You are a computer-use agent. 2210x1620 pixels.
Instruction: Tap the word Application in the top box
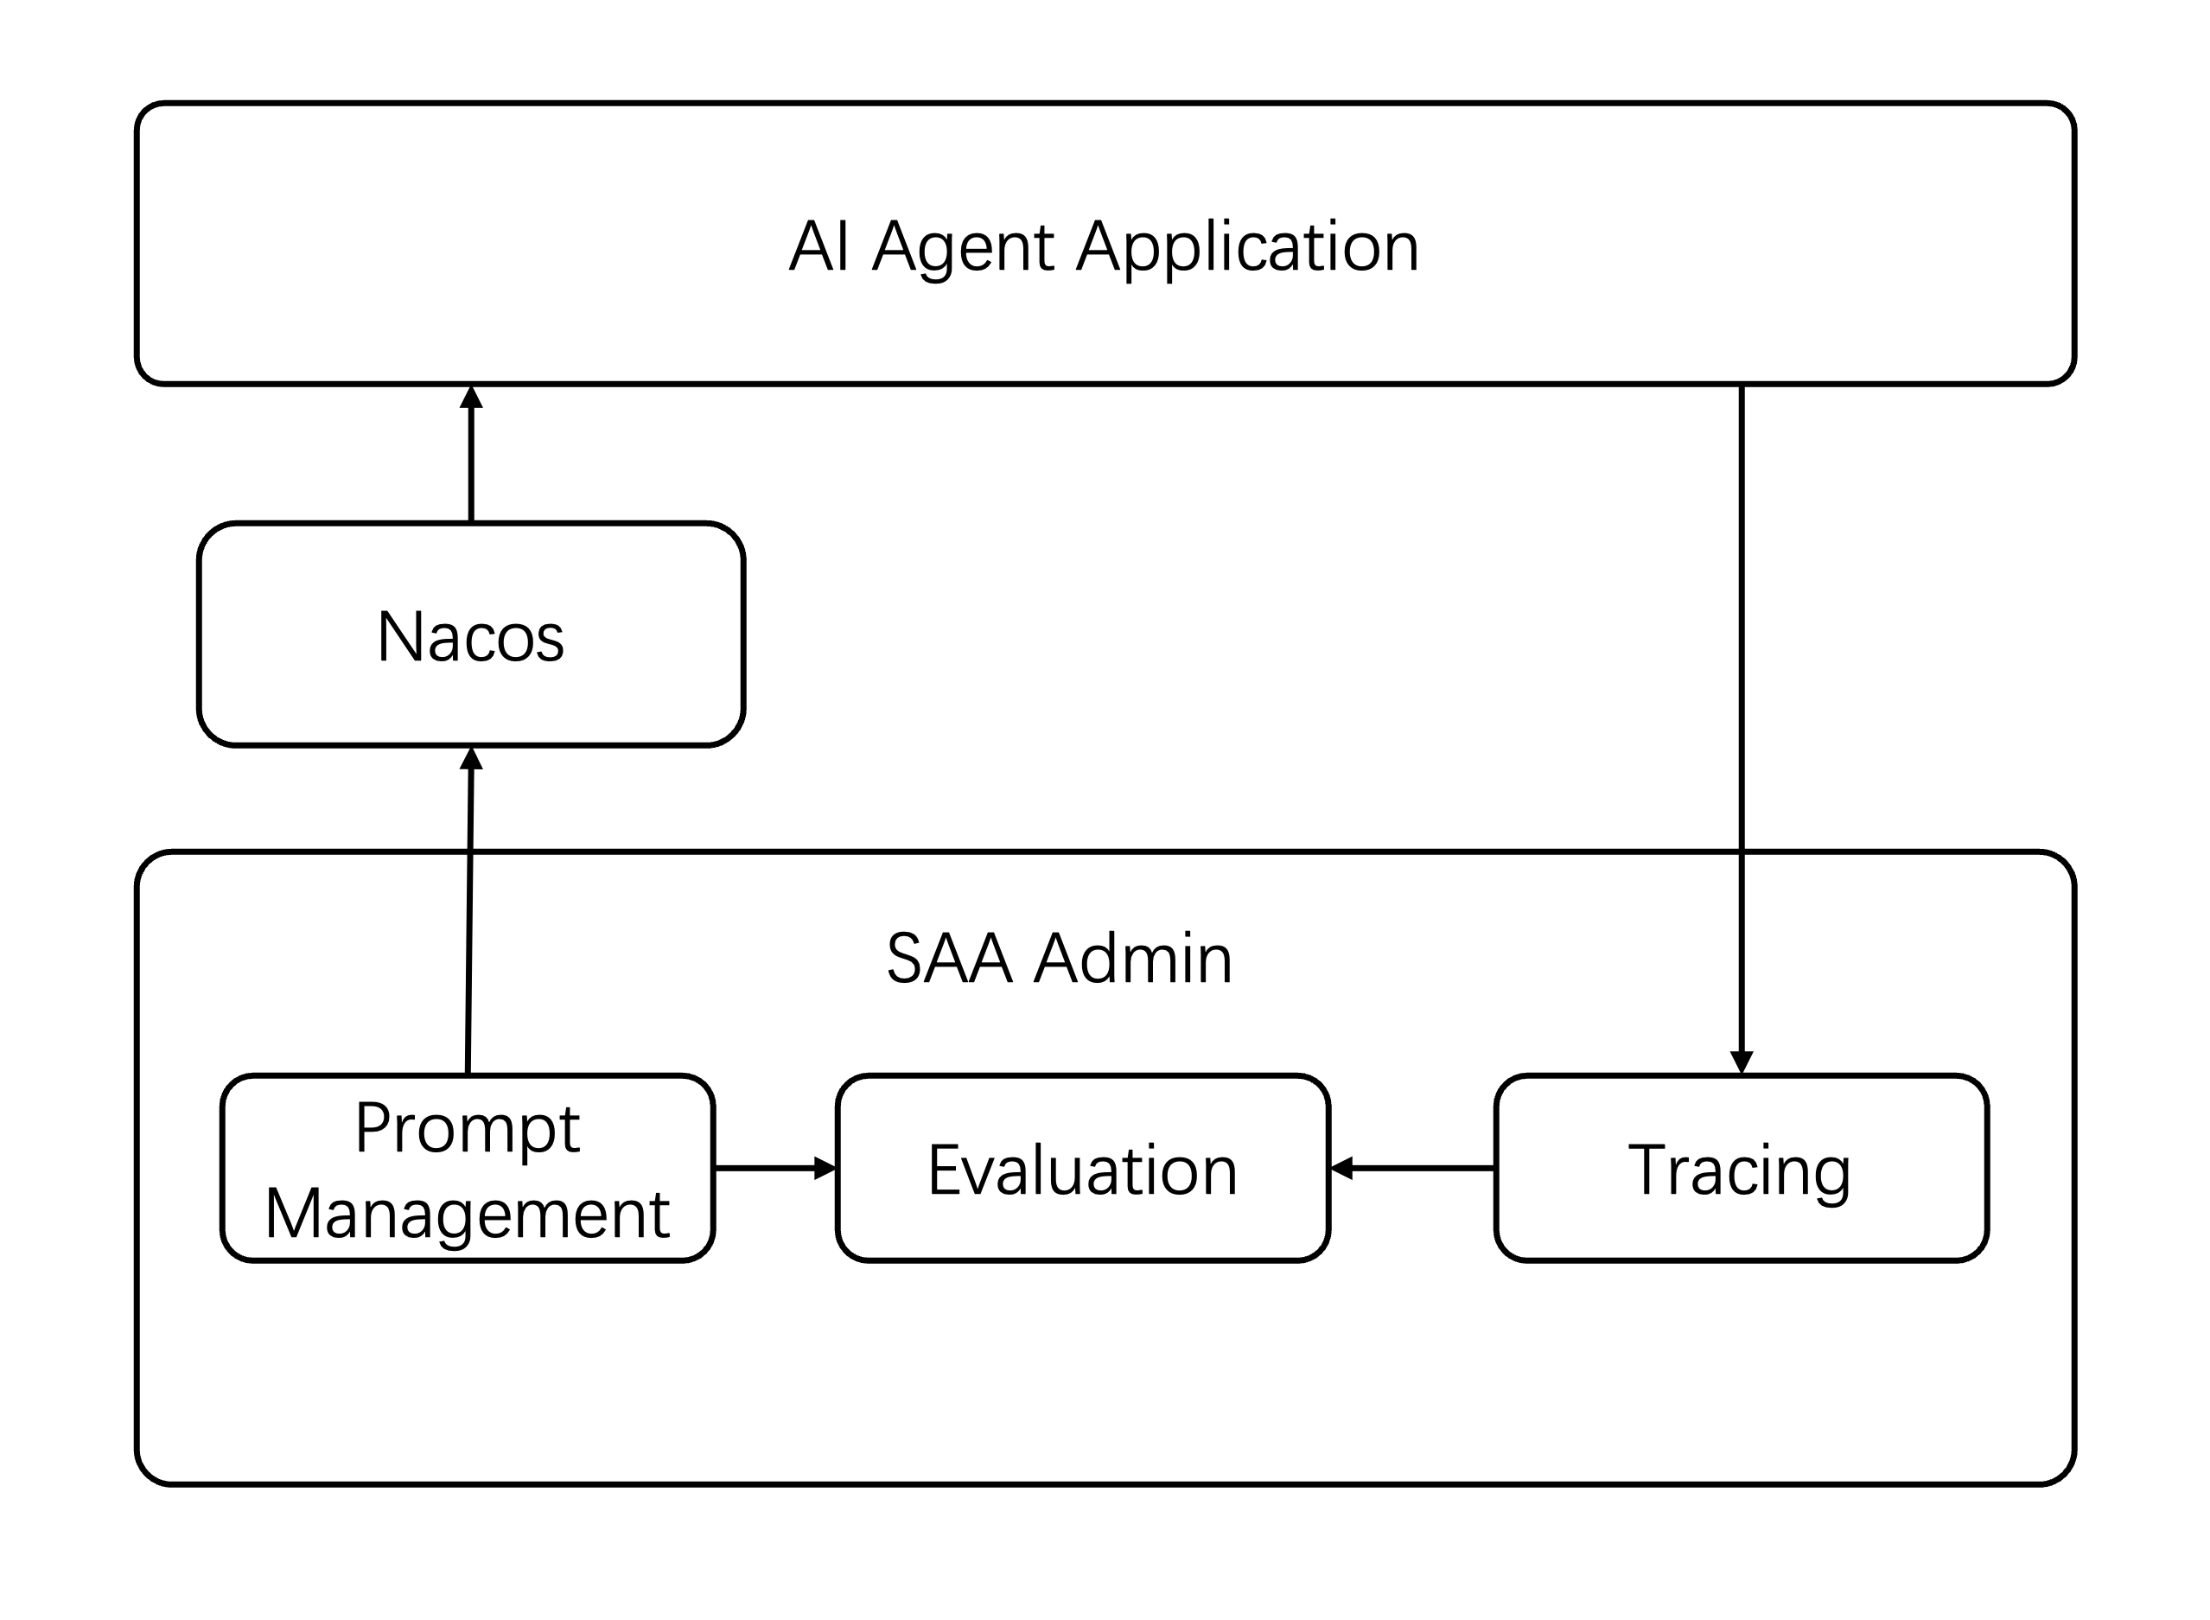coord(1247,247)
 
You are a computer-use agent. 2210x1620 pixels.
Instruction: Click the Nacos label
coord(471,637)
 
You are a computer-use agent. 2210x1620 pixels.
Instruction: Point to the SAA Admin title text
coord(1059,959)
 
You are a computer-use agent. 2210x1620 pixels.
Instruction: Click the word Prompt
coord(468,1128)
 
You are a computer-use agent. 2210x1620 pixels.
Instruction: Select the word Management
coord(468,1214)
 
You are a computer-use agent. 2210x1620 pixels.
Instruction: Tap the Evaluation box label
coord(1082,1170)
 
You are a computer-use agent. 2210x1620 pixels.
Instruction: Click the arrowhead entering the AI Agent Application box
coord(472,397)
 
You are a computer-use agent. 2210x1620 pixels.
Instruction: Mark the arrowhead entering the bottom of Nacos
coord(472,759)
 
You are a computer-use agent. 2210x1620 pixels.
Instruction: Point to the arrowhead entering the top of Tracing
coord(1742,1062)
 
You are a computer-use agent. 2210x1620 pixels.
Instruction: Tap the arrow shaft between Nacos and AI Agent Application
coord(472,461)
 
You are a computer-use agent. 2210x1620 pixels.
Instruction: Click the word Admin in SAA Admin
coord(1133,959)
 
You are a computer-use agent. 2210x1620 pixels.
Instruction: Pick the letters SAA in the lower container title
coord(948,959)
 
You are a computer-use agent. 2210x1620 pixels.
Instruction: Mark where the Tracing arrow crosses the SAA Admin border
coord(1742,851)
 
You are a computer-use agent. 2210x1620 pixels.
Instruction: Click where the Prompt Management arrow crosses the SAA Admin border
coord(469,851)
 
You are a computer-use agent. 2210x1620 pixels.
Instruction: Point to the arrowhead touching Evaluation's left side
coord(825,1168)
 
